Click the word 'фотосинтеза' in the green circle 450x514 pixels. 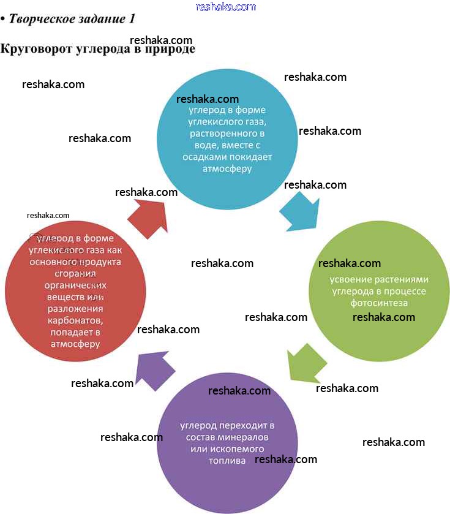379,303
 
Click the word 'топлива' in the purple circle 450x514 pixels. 227,461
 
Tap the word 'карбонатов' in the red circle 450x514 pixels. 75,320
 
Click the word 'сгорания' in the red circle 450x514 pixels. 75,273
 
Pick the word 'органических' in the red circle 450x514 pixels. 75,285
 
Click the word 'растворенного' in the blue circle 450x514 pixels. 227,134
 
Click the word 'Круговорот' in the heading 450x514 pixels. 36,49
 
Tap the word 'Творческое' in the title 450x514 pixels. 41,19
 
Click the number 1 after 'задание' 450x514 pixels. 131,19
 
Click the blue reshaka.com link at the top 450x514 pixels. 225,7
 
